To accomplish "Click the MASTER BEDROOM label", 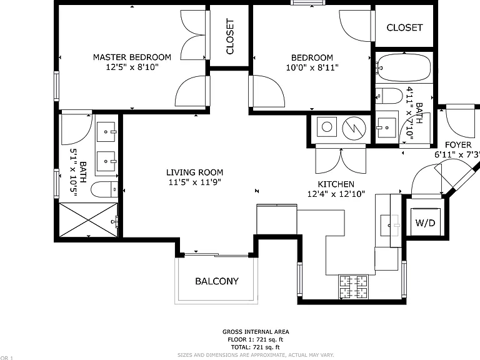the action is [132, 57].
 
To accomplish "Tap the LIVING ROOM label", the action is [195, 172].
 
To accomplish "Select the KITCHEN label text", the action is [336, 184].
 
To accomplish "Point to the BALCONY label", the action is [217, 281].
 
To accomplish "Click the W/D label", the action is [425, 223].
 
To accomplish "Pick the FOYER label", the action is [458, 145].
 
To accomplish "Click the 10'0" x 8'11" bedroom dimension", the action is [312, 67].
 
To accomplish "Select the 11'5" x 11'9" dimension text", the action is [195, 182].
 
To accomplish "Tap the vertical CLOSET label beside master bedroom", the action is [230, 36].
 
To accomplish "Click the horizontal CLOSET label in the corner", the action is [404, 27].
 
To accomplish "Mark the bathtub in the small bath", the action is [404, 67].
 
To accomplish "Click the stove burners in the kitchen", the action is [354, 287].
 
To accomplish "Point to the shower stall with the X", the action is [88, 219].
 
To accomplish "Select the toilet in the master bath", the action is [104, 190].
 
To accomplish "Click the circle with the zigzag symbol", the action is [354, 128].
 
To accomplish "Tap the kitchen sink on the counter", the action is [390, 225].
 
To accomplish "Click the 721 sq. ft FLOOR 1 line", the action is [255, 339].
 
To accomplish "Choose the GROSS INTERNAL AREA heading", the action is [256, 331].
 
